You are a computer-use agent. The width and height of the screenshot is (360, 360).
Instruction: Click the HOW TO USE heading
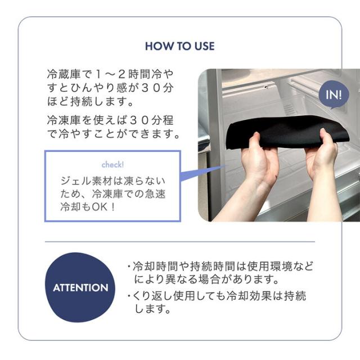[x=180, y=46]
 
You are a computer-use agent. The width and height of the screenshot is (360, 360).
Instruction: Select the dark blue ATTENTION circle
[x=80, y=287]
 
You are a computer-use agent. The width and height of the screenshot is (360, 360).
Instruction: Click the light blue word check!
[x=112, y=165]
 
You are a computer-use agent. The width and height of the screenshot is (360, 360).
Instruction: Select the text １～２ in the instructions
[x=111, y=74]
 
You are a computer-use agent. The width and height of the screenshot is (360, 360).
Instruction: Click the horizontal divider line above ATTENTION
[x=180, y=241]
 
